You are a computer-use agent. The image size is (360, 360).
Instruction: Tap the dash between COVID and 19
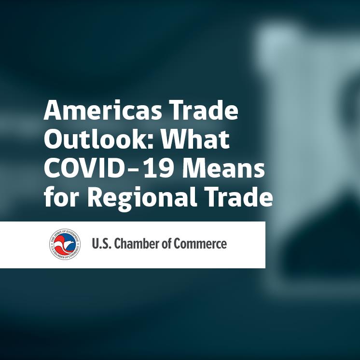pyautogui.click(x=133, y=170)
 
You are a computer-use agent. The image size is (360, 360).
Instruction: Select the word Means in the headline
pyautogui.click(x=223, y=168)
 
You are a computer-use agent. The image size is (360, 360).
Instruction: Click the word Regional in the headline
pyautogui.click(x=142, y=199)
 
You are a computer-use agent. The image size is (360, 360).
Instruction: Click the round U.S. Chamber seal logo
pyautogui.click(x=65, y=244)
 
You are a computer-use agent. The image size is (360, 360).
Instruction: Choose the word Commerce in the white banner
pyautogui.click(x=200, y=244)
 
